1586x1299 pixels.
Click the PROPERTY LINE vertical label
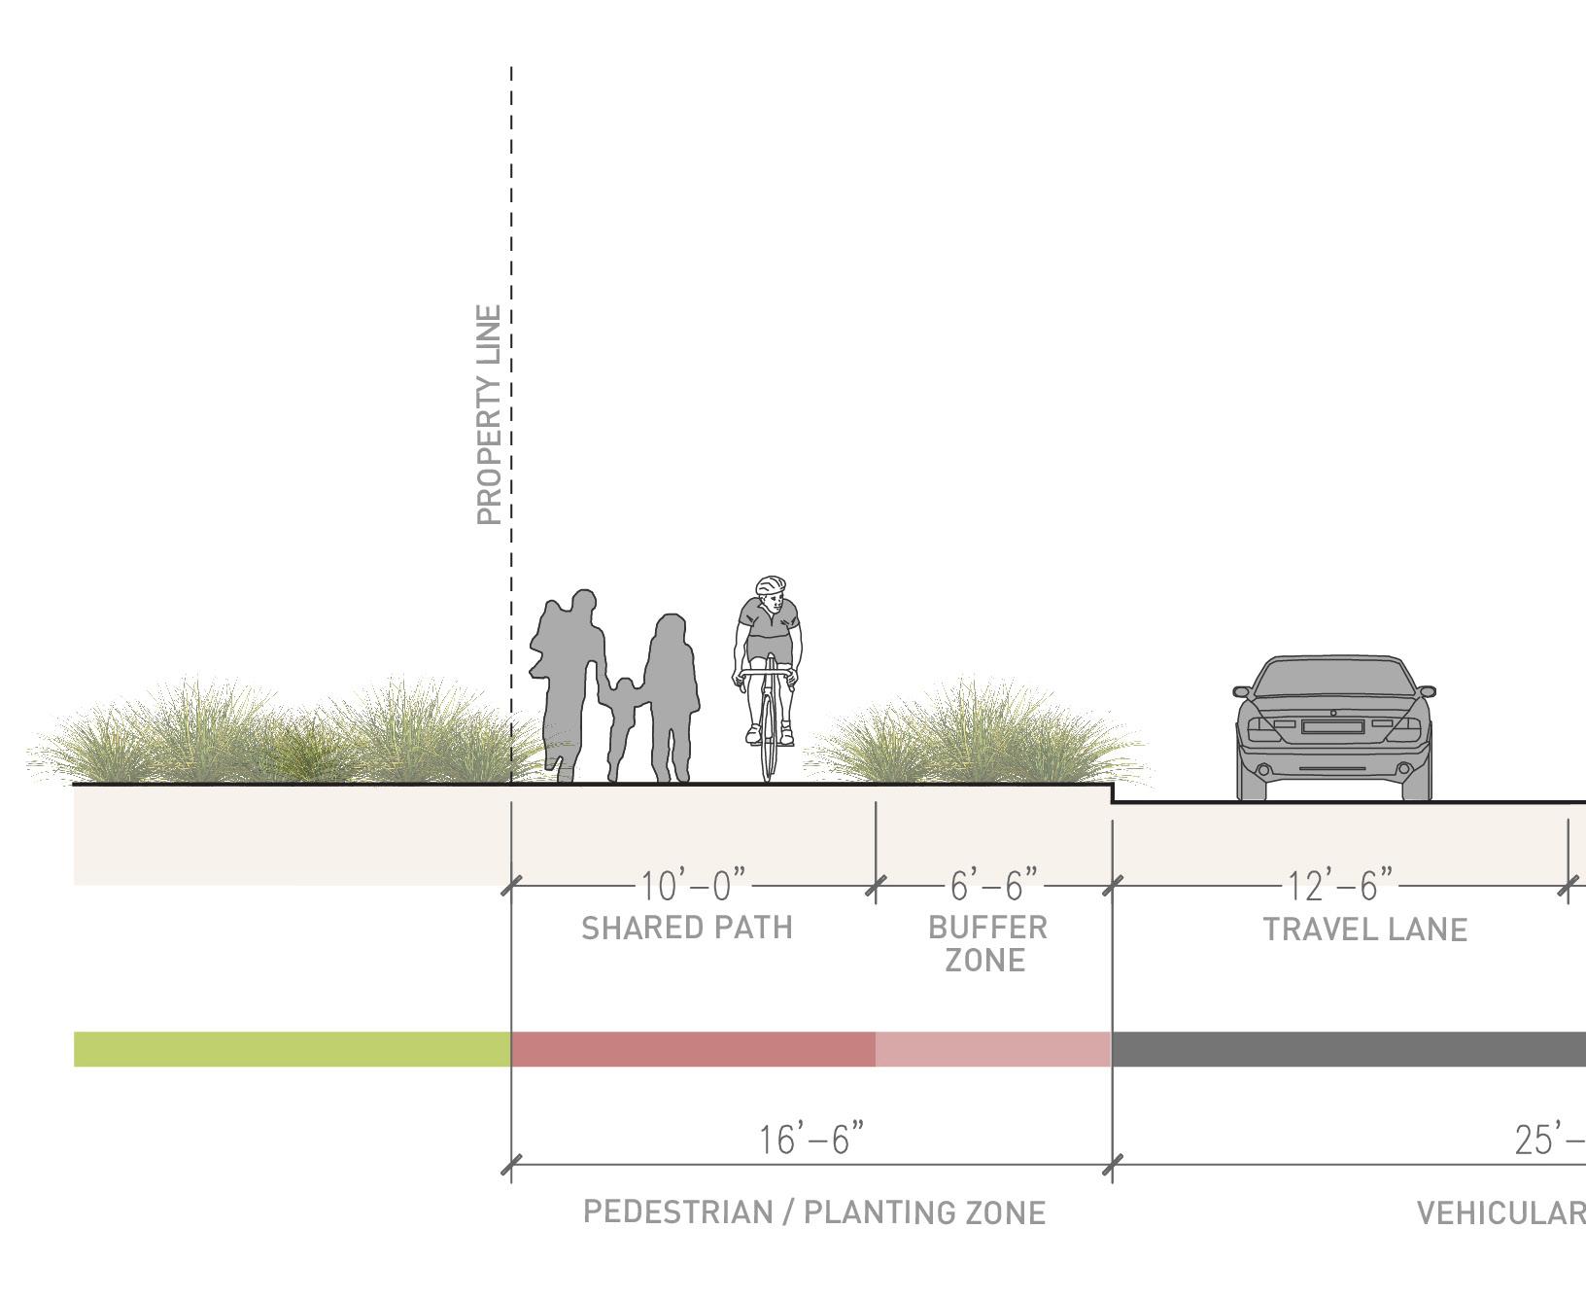490,415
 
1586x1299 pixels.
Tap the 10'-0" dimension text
694,886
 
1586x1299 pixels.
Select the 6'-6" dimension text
993,885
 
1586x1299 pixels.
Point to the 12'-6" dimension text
1339,886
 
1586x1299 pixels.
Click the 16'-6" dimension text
810,1140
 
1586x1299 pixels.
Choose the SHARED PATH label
687,929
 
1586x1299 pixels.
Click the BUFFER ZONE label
986,944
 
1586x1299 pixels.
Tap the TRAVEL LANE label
1364,930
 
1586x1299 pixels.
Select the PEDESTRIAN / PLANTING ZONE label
814,1212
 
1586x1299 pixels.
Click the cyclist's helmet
771,585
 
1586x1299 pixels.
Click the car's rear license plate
1331,726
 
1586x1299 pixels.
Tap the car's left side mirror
1242,691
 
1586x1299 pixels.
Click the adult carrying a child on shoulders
570,681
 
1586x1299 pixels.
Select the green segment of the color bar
292,1049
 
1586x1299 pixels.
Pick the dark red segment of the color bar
693,1049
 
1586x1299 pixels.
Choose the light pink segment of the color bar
992,1049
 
